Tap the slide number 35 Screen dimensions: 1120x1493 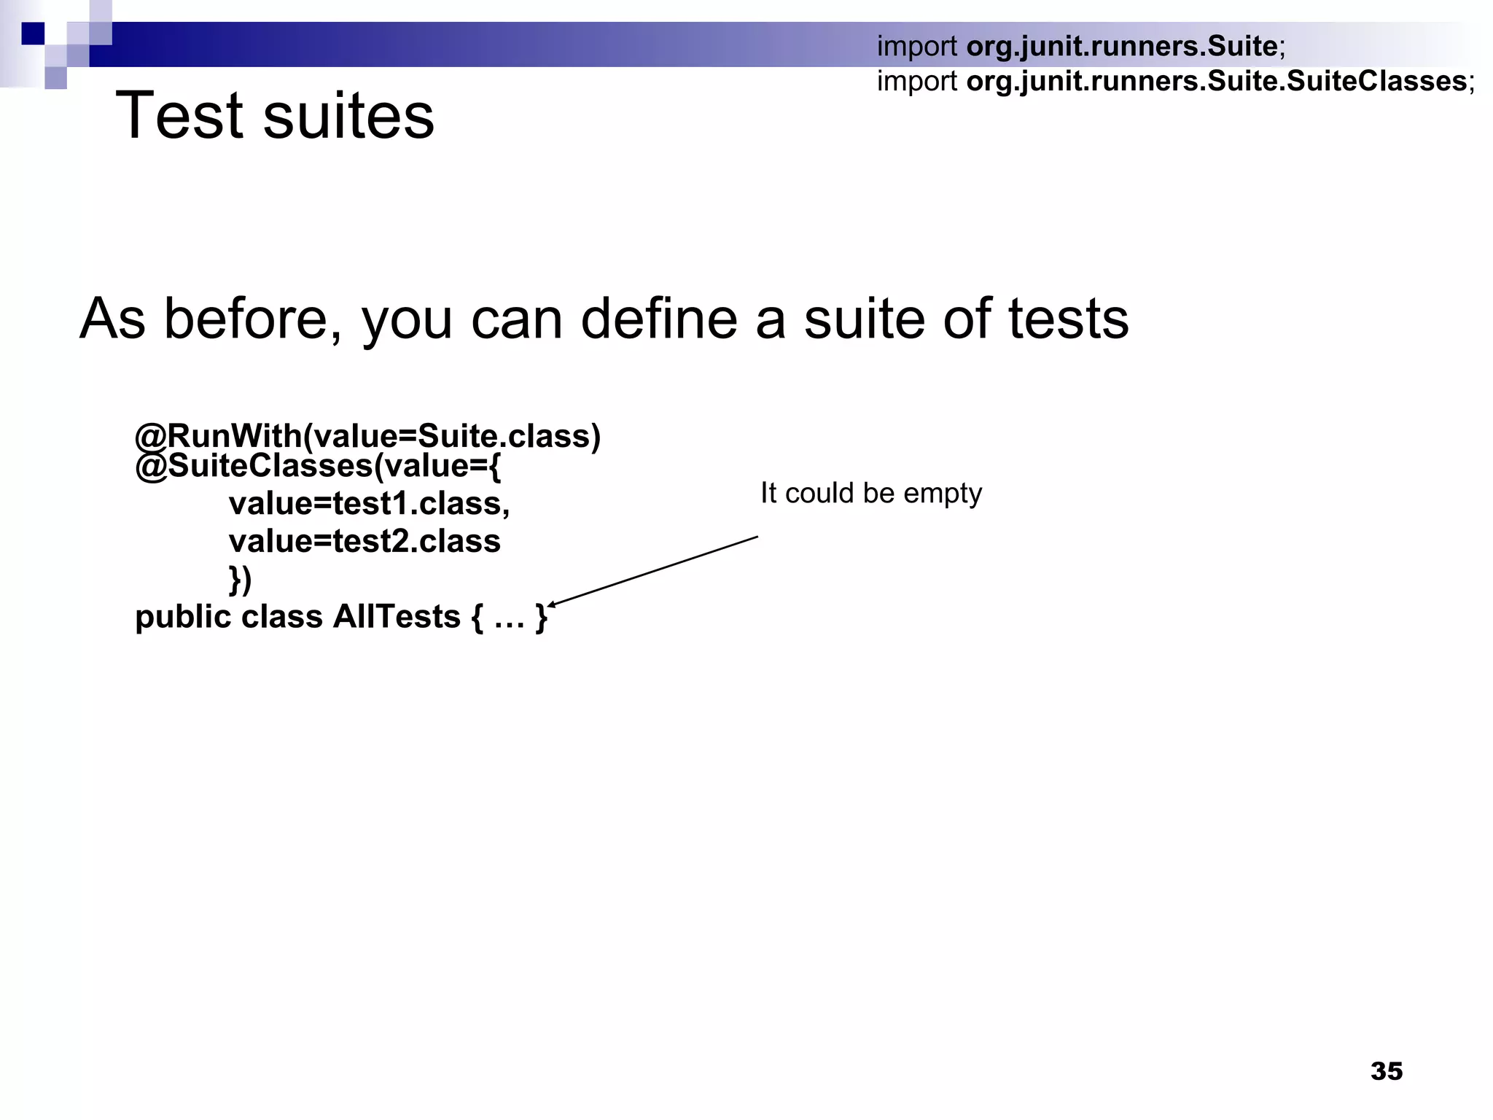click(1386, 1070)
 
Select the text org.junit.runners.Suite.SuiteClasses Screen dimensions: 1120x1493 click(1216, 80)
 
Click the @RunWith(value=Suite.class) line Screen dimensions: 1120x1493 click(368, 435)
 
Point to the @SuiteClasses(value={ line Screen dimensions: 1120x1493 click(319, 466)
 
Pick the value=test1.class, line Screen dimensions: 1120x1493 click(369, 503)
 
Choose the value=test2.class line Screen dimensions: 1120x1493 click(365, 541)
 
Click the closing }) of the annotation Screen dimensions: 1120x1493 click(240, 579)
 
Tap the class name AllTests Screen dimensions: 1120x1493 click(397, 617)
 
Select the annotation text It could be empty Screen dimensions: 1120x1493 click(871, 494)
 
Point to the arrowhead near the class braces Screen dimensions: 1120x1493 click(552, 604)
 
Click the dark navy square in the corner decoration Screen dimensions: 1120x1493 click(33, 34)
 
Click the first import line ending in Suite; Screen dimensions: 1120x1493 click(1081, 46)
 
